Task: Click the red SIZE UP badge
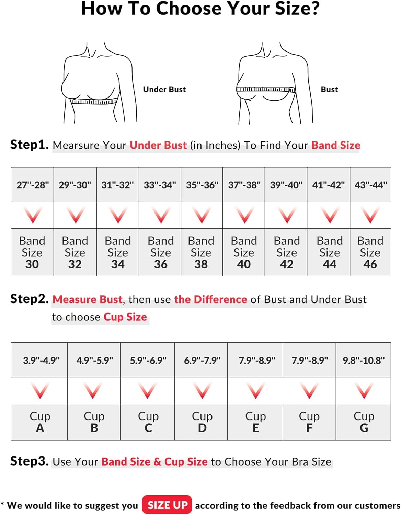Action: (x=167, y=505)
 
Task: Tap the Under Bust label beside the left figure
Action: (x=164, y=89)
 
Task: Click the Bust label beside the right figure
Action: (x=329, y=89)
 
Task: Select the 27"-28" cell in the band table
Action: (x=32, y=185)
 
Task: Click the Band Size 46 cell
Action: (x=370, y=252)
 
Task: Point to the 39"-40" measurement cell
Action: (x=286, y=185)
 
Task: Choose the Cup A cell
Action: (x=39, y=422)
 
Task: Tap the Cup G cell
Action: (x=363, y=422)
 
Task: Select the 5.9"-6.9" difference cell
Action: (x=147, y=360)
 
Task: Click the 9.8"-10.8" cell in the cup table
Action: (x=363, y=360)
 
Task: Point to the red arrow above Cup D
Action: (x=202, y=390)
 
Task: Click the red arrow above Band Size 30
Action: (x=33, y=215)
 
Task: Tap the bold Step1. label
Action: (x=30, y=145)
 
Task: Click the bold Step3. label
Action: (x=30, y=461)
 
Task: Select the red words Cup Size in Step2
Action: (x=125, y=317)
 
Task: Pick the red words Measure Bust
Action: (x=88, y=299)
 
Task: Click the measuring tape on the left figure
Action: (x=94, y=101)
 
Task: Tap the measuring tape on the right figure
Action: (x=266, y=89)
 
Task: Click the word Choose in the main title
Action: (x=189, y=9)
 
